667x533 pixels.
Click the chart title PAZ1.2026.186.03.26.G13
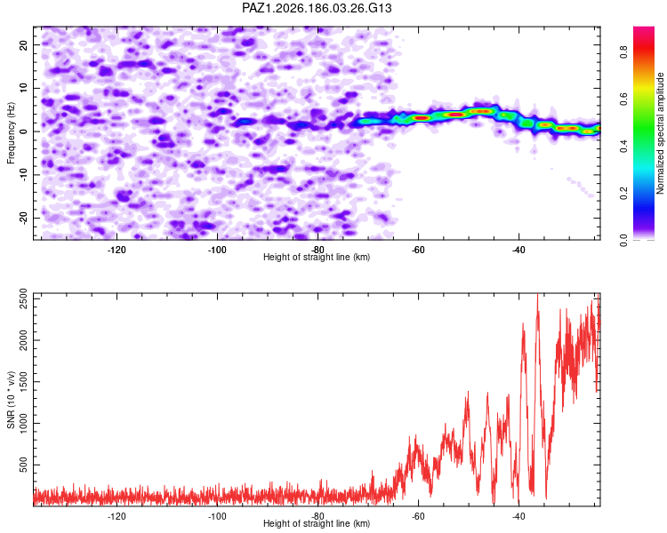[x=317, y=8]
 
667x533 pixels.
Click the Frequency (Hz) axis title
[x=11, y=133]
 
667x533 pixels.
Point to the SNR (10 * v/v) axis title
[x=11, y=400]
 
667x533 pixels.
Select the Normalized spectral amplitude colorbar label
[x=660, y=133]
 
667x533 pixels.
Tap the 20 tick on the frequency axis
[x=23, y=44]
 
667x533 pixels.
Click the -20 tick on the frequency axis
[x=23, y=218]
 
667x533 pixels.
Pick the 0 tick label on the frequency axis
[x=23, y=131]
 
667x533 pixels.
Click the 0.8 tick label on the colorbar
[x=623, y=52]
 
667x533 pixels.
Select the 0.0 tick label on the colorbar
[x=623, y=240]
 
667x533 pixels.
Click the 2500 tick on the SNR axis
[x=23, y=298]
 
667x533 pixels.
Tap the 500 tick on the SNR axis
[x=23, y=465]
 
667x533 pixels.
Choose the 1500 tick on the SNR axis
[x=23, y=382]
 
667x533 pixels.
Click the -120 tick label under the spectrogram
[x=117, y=250]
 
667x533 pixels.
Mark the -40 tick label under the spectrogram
[x=518, y=250]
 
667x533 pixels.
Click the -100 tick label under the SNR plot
[x=217, y=516]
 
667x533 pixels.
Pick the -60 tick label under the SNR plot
[x=418, y=516]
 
